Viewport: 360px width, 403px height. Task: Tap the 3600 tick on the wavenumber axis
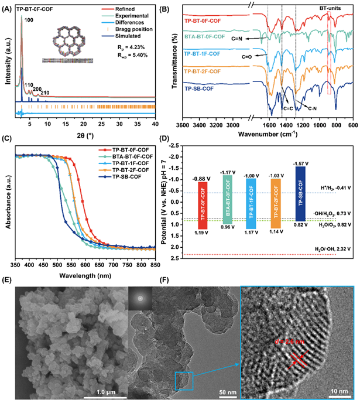183,125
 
